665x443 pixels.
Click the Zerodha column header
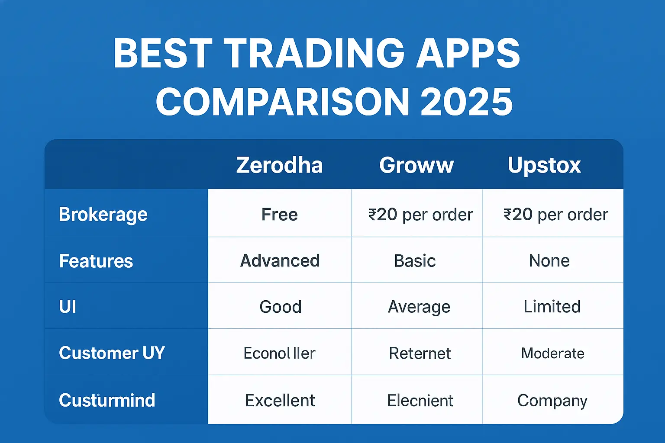click(x=280, y=165)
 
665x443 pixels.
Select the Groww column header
click(x=416, y=165)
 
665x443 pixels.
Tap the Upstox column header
click(x=544, y=165)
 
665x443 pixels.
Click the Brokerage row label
click(x=103, y=215)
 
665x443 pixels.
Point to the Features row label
click(x=96, y=261)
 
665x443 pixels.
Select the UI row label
click(x=68, y=307)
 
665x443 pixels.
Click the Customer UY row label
click(x=112, y=353)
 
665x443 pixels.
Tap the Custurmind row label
click(x=107, y=400)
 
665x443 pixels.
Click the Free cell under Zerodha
click(x=280, y=215)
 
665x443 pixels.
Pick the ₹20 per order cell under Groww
click(x=420, y=215)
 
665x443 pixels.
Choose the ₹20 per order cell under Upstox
click(x=555, y=215)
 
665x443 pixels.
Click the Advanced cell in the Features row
click(x=280, y=261)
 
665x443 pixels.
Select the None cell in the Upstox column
click(x=549, y=261)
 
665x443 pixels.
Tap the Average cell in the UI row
click(x=419, y=307)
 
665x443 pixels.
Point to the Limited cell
click(x=552, y=307)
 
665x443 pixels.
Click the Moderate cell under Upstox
click(x=552, y=353)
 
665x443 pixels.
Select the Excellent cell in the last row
click(x=280, y=401)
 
